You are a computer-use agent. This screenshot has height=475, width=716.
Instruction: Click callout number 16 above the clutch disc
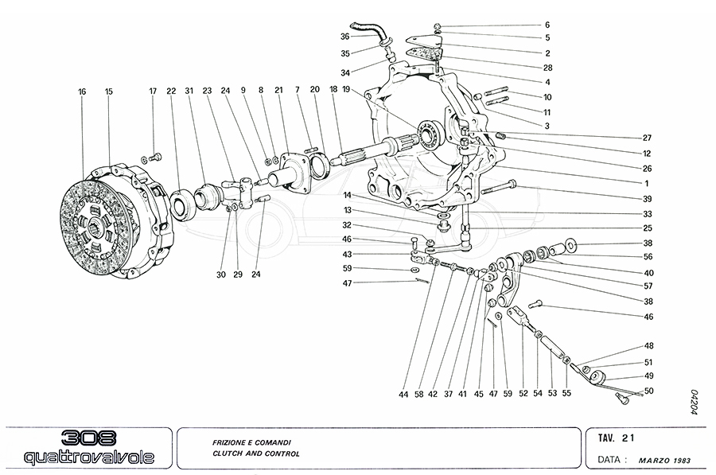(82, 92)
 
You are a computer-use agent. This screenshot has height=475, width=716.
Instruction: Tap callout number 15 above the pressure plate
(109, 92)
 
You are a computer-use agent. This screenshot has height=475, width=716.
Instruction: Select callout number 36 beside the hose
(344, 37)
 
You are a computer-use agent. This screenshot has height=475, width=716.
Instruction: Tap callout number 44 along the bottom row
(404, 394)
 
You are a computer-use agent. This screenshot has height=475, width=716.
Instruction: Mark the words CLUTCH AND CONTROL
(255, 454)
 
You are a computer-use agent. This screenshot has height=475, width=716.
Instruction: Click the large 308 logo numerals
(88, 439)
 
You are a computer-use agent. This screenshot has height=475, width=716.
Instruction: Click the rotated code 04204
(694, 402)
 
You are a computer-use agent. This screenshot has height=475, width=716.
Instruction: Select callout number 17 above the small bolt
(153, 92)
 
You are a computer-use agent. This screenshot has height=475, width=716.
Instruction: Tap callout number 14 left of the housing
(348, 195)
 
